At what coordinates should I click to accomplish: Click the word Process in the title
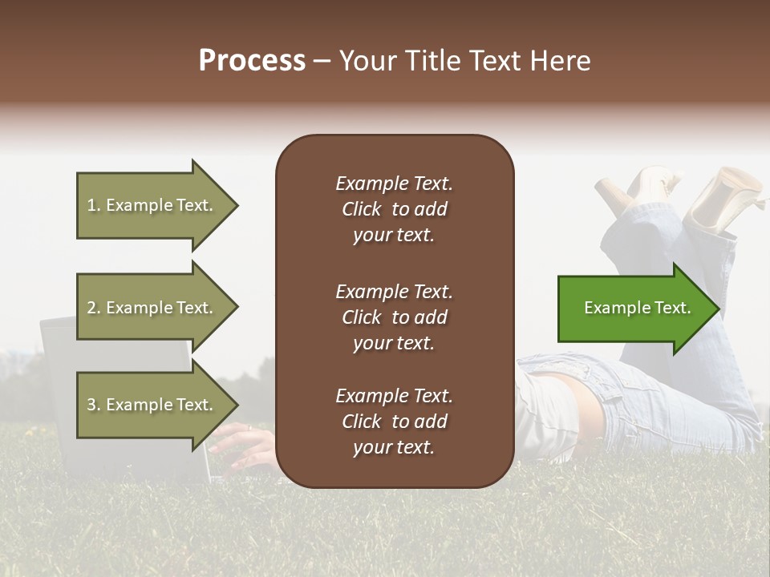[252, 61]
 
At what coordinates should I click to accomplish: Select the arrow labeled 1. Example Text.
[152, 205]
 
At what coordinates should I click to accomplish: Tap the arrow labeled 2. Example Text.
[152, 308]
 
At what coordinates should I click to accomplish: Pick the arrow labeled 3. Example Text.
[152, 405]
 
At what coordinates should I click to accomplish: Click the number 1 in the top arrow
[91, 205]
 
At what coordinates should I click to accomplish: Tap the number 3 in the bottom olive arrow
[91, 405]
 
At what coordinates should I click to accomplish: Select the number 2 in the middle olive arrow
[91, 308]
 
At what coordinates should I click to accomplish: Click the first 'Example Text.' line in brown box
[394, 184]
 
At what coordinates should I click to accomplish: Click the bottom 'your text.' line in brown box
[394, 447]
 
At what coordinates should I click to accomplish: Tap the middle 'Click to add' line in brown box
[394, 317]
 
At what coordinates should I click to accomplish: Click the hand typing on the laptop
[241, 446]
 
